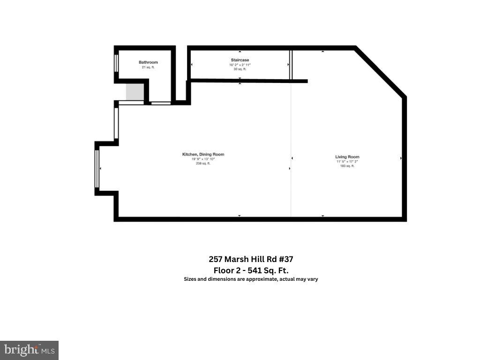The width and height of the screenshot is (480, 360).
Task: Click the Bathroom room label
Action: (x=148, y=62)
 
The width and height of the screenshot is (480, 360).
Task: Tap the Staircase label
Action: (x=240, y=60)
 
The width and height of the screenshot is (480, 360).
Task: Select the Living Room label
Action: (x=347, y=157)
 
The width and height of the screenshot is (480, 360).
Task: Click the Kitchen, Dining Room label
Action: (x=203, y=154)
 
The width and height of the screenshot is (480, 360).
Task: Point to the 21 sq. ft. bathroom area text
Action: (x=148, y=67)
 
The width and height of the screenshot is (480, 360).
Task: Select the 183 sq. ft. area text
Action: (x=347, y=166)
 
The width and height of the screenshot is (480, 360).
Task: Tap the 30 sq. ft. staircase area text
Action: (x=240, y=69)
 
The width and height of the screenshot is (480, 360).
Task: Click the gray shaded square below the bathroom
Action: (x=135, y=91)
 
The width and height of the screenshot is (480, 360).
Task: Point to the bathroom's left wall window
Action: (x=116, y=63)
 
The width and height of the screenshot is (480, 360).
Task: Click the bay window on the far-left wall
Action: (x=97, y=168)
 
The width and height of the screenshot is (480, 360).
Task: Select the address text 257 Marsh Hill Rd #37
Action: (x=251, y=259)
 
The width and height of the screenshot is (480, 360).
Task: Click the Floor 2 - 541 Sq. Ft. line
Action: (x=251, y=270)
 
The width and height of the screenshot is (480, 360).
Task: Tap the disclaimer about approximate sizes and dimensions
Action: (x=251, y=279)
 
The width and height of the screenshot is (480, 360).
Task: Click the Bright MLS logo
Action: (x=29, y=350)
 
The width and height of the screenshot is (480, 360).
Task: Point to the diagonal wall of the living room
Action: (x=380, y=72)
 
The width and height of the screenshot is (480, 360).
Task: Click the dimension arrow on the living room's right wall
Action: (x=401, y=158)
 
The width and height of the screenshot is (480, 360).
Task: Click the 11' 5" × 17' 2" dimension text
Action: (x=347, y=161)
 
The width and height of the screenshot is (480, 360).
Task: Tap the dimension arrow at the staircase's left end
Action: (x=191, y=65)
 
